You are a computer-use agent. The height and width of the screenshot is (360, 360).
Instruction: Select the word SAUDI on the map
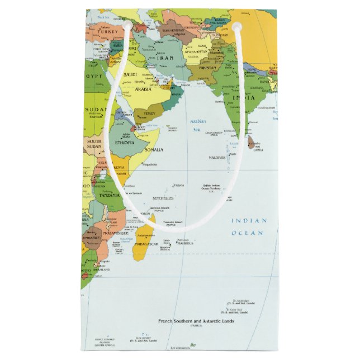130,74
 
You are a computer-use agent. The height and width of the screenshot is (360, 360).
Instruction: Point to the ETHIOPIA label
124,143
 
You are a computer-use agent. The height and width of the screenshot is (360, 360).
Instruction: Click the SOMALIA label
154,150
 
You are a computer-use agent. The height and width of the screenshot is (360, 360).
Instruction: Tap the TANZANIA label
110,196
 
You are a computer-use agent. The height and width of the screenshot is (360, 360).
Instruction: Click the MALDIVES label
217,157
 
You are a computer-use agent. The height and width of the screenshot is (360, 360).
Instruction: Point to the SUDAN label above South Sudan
95,109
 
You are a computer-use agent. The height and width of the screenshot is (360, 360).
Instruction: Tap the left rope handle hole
128,25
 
